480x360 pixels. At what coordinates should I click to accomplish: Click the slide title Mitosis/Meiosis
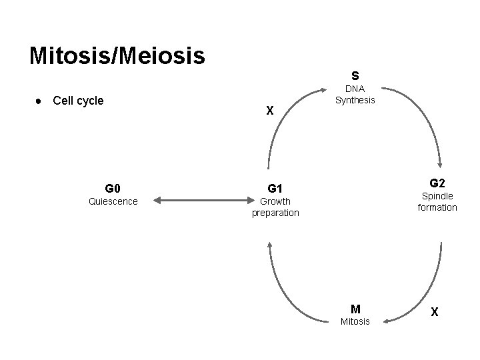point(117,55)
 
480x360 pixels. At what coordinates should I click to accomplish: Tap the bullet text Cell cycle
point(78,101)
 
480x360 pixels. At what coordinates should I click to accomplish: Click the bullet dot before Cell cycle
point(40,101)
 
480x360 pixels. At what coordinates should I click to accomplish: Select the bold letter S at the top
point(355,75)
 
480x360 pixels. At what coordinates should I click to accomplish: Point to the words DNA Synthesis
point(355,95)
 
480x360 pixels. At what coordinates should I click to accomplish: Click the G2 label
point(437,183)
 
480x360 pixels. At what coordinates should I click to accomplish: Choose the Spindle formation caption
point(437,202)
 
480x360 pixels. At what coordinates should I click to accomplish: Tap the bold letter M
point(355,309)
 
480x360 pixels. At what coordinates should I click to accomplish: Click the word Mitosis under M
point(355,323)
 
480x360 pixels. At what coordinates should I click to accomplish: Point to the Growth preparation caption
point(275,207)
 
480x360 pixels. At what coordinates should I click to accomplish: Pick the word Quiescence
point(113,201)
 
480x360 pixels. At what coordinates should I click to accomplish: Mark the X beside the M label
point(435,311)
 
